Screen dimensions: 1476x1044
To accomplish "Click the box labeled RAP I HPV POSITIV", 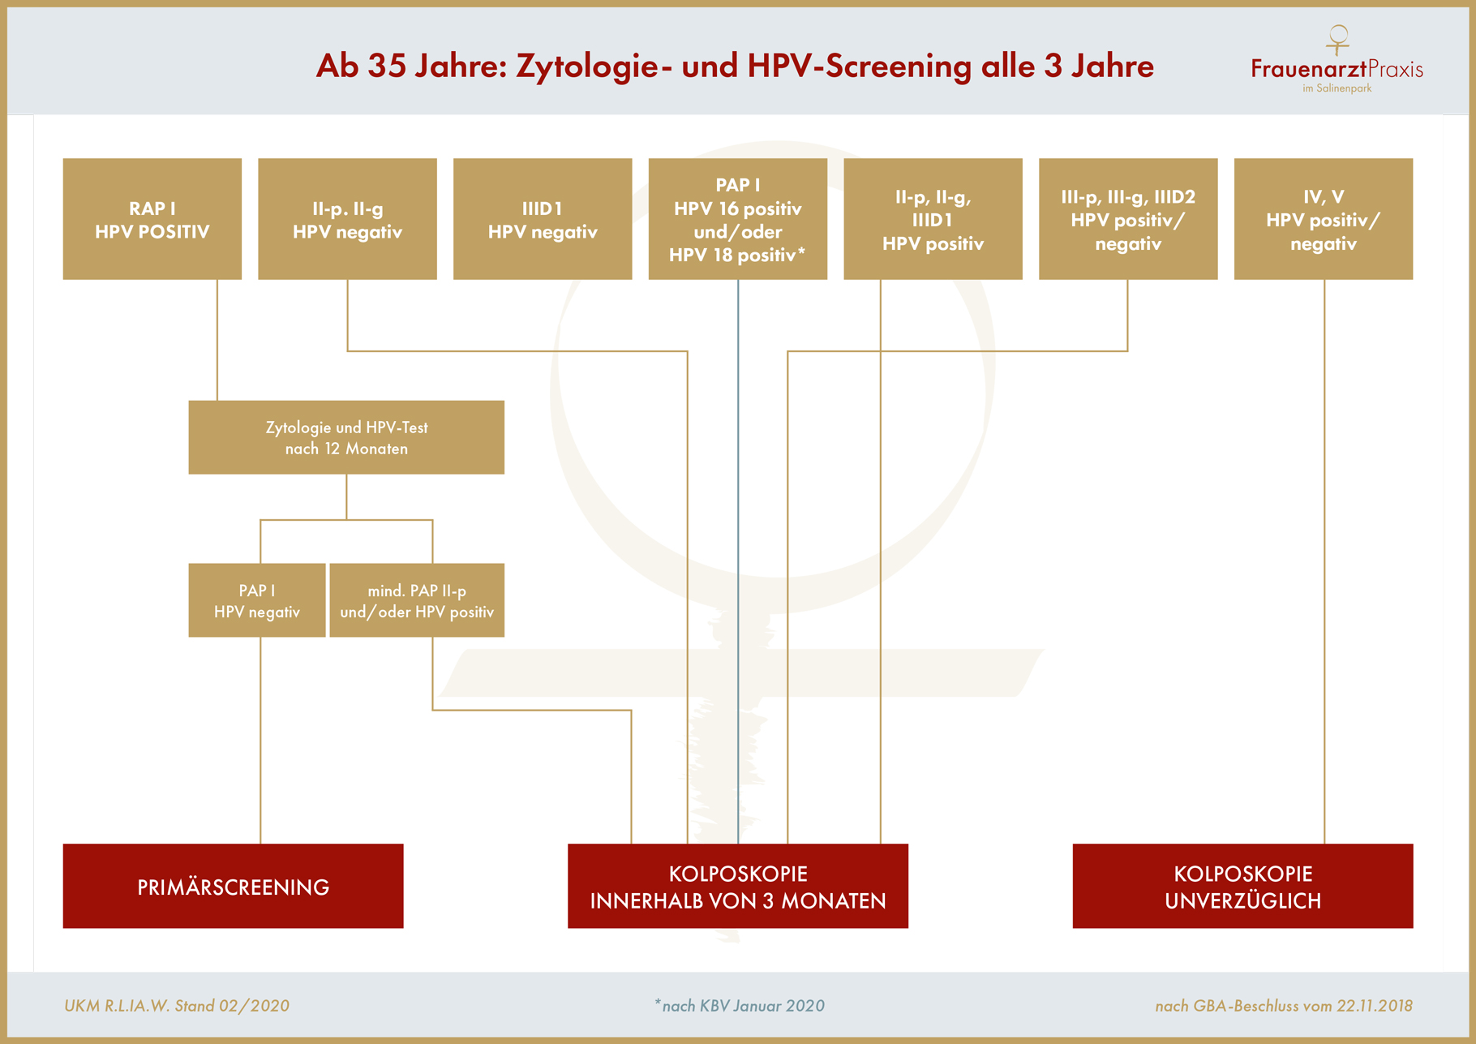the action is tap(152, 219).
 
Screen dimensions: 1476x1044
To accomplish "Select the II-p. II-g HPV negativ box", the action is tap(347, 219).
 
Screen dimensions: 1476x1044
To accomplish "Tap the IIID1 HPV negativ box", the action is tap(543, 219).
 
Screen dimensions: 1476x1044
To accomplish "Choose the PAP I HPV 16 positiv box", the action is tap(738, 219).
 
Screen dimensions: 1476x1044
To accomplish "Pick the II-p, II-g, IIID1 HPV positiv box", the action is tap(933, 219).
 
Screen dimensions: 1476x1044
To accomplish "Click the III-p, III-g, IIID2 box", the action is tap(1128, 219).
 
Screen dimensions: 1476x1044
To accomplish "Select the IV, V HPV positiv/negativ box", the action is tap(1324, 219).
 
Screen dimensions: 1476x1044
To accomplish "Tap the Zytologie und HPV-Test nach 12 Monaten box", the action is tap(346, 437).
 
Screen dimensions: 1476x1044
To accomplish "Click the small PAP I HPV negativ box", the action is tap(257, 600).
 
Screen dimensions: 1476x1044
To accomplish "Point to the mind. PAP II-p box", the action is tap(417, 600).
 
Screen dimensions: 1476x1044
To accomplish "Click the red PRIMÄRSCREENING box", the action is tap(234, 886).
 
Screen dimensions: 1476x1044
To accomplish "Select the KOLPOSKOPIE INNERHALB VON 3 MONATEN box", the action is tap(738, 886).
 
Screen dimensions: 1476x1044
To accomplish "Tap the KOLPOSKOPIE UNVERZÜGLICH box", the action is tap(1242, 886).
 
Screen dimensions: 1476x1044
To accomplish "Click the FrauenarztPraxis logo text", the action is tap(1337, 69).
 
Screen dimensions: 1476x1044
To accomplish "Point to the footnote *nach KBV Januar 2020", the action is tap(740, 1006).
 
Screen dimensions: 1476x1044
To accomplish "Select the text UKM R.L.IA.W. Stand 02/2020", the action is tap(177, 1006).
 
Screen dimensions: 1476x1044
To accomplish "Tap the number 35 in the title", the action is tap(387, 67).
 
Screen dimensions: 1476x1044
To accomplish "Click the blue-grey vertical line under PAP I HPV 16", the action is tap(738, 561).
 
